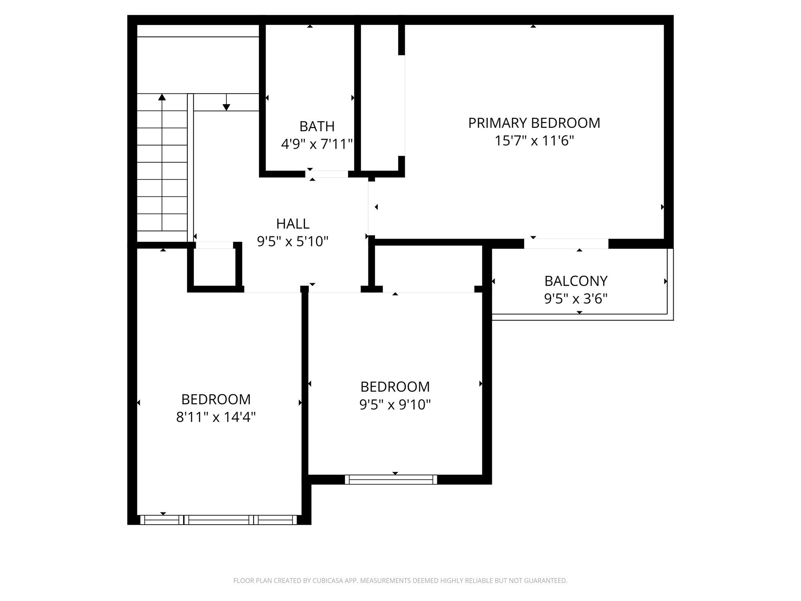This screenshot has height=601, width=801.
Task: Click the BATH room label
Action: tap(317, 126)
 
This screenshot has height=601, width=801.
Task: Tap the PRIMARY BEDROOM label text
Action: tap(534, 123)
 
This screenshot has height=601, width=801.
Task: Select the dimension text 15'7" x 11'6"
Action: tap(534, 140)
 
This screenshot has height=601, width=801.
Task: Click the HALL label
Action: tap(293, 224)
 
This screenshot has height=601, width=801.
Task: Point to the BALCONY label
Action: tap(576, 281)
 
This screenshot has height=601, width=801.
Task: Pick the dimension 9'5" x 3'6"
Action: tap(576, 299)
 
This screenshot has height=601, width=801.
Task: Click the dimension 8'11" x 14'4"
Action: tap(216, 417)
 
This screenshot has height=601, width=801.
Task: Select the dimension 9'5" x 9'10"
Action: tap(395, 404)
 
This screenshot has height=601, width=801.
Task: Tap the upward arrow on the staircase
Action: tap(162, 97)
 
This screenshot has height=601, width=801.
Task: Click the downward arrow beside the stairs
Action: tap(226, 106)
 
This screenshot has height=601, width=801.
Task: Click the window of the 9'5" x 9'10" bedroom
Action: tap(391, 479)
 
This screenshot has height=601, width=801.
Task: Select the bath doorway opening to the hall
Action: tap(327, 174)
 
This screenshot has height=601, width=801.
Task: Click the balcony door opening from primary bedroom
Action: tap(566, 243)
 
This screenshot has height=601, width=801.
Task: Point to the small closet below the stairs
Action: tap(214, 267)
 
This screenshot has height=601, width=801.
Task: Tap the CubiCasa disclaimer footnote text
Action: tap(400, 581)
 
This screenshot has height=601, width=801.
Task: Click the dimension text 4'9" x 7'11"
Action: tap(317, 144)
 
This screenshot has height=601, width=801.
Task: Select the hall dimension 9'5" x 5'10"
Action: tap(293, 241)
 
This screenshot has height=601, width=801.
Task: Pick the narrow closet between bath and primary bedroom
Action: tap(379, 98)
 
